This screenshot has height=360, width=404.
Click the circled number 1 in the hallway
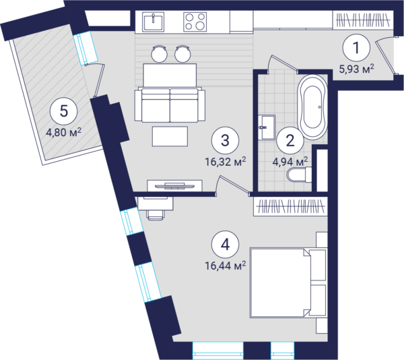(356, 47)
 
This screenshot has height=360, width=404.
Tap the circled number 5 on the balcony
(64, 111)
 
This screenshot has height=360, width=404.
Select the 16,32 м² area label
(225, 162)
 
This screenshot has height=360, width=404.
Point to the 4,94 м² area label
(290, 162)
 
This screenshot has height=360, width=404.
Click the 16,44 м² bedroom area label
(225, 266)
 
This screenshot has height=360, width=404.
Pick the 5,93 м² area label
(356, 69)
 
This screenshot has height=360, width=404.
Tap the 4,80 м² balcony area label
(64, 133)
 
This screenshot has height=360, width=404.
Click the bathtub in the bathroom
(312, 107)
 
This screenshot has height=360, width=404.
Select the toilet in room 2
(299, 175)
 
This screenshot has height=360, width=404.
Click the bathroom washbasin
(267, 127)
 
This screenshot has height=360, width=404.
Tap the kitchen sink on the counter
(154, 22)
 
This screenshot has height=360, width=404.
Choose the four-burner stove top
(195, 22)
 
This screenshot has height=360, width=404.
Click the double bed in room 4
(288, 283)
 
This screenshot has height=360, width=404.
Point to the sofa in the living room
(170, 104)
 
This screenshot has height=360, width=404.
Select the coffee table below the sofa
(170, 136)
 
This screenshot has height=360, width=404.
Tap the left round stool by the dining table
(159, 54)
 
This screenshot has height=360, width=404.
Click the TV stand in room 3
(174, 185)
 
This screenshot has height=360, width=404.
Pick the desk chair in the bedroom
(156, 214)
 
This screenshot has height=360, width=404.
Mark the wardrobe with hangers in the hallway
(363, 20)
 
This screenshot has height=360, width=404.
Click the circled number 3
(225, 140)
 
